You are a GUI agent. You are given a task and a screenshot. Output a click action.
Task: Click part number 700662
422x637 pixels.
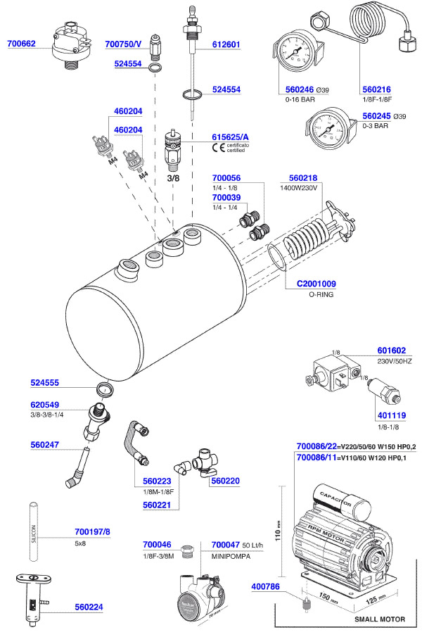[22, 44]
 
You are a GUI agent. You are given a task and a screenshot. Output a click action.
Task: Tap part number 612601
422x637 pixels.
[226, 44]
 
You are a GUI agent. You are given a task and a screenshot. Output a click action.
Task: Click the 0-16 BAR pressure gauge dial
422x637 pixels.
[293, 53]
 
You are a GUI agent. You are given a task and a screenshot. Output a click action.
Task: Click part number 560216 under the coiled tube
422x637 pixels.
[376, 90]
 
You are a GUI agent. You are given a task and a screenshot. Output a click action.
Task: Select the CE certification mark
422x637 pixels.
[217, 147]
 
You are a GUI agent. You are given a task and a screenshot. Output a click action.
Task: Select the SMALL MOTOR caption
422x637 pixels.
[381, 619]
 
